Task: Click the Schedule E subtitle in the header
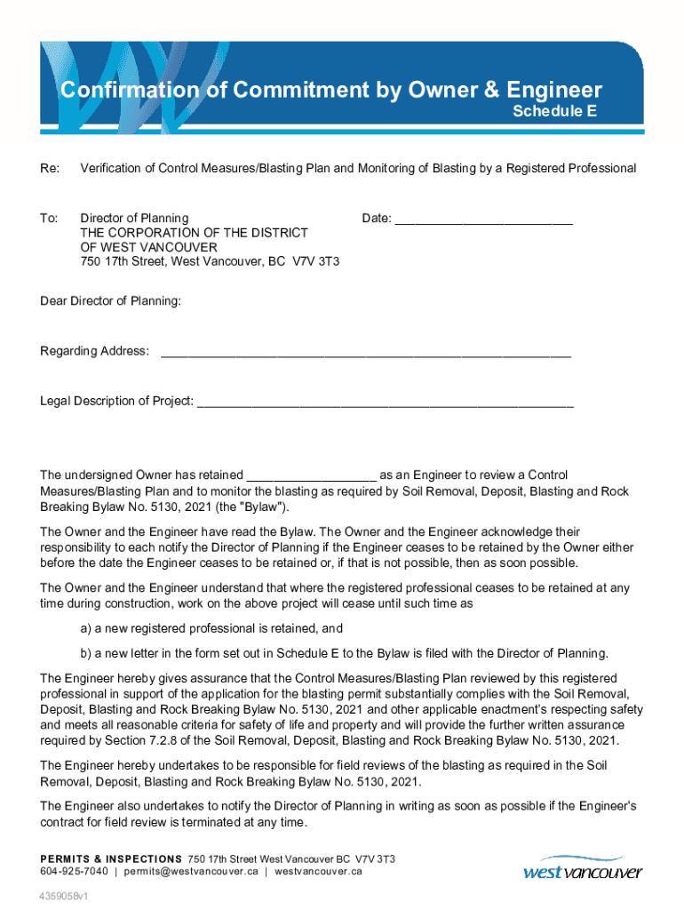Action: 554,112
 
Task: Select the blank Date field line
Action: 483,219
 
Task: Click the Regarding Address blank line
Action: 365,352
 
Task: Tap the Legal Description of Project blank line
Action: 385,402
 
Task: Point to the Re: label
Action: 50,168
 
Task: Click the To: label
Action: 49,218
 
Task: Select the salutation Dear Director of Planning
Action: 111,302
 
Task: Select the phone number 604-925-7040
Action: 75,872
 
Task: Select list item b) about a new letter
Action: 344,653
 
